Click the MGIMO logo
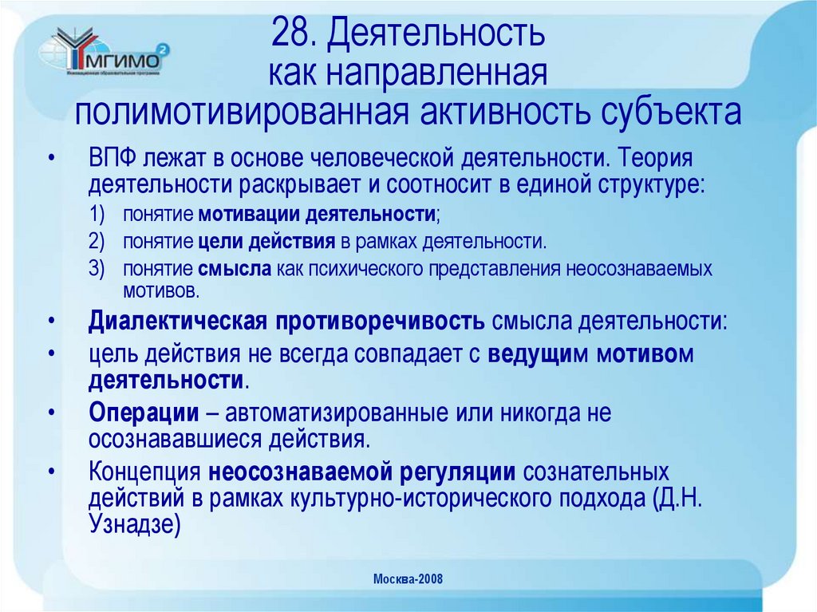point(105,55)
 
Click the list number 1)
point(97,216)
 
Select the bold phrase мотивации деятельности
point(318,216)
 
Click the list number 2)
point(97,242)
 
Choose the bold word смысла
point(236,268)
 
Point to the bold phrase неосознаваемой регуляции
point(362,472)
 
